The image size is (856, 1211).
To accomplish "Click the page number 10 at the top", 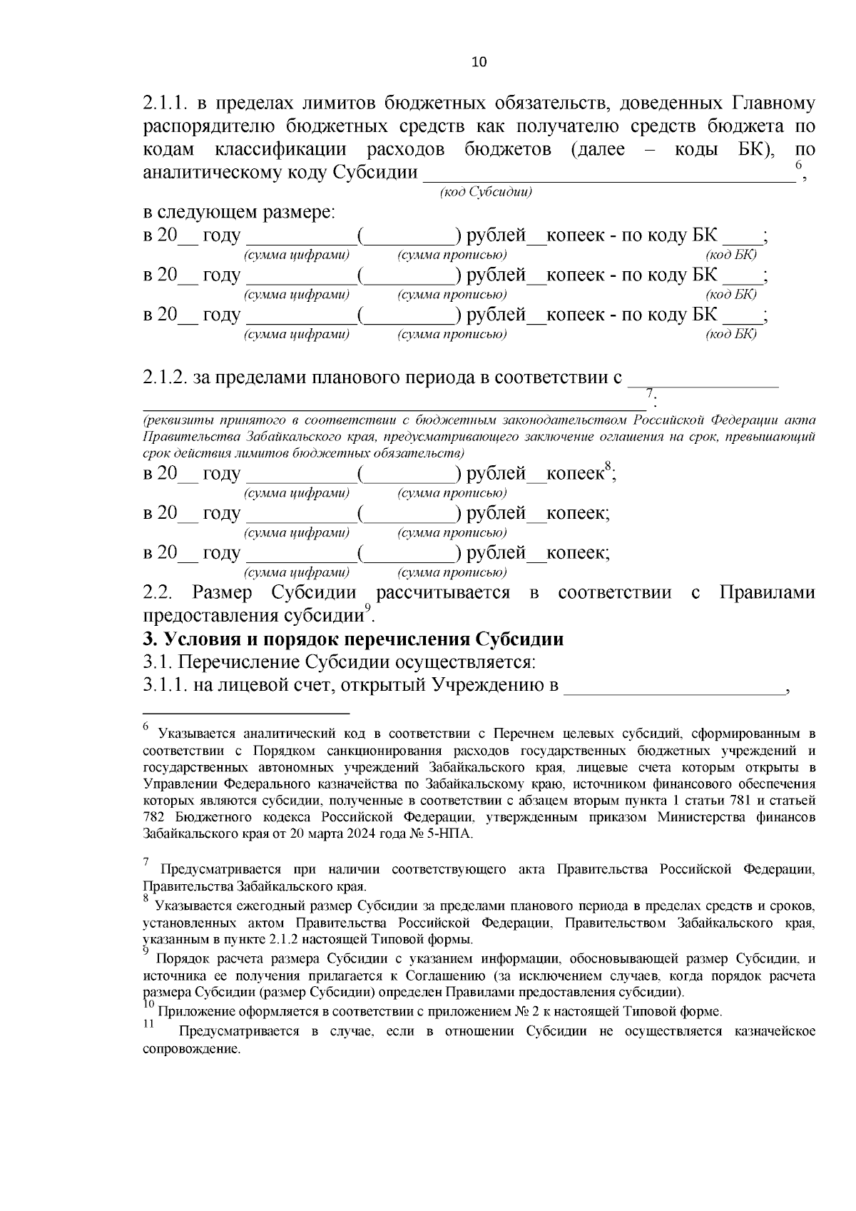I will pyautogui.click(x=479, y=62).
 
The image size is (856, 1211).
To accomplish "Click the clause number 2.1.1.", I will pyautogui.click(x=165, y=104).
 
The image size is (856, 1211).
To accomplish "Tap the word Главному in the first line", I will pyautogui.click(x=770, y=104).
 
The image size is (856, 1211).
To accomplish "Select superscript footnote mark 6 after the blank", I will pyautogui.click(x=799, y=166).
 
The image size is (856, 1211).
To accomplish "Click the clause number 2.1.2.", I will pyautogui.click(x=165, y=378).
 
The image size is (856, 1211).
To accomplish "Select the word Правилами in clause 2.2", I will pyautogui.click(x=767, y=592).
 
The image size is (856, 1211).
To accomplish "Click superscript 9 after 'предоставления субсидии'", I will pyautogui.click(x=368, y=607).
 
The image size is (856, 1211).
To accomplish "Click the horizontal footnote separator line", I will pyautogui.click(x=246, y=712).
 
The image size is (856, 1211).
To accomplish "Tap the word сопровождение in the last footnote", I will pyautogui.click(x=192, y=1050).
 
